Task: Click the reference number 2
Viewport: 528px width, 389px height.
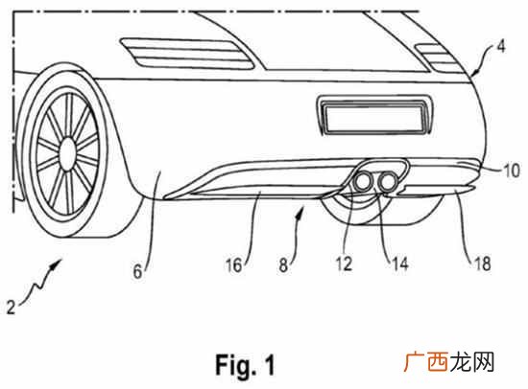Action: coord(12,307)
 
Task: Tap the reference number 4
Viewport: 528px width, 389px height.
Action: coord(501,46)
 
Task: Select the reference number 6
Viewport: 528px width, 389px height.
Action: coord(137,271)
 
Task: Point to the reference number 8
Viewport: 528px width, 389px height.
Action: coord(283,265)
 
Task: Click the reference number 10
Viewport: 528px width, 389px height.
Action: coord(512,171)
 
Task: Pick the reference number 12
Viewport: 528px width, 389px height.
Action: coord(344,263)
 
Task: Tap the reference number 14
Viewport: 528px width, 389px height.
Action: coord(400,263)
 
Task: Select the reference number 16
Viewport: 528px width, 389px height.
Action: coord(233,265)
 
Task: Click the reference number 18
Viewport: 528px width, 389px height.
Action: coord(483,263)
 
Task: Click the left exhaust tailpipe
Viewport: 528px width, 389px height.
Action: coord(362,182)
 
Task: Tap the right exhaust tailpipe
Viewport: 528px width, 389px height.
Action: coord(387,182)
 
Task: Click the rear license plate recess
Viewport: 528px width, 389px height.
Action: coord(373,115)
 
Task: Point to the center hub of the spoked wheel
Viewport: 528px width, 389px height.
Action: coord(68,152)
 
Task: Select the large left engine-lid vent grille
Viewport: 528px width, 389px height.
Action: coord(187,54)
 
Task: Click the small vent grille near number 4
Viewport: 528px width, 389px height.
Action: coord(439,57)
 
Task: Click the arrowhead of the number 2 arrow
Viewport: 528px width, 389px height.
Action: coord(57,263)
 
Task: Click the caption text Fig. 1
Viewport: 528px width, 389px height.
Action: coord(245,364)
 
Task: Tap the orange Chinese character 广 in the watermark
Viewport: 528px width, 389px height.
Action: coord(415,362)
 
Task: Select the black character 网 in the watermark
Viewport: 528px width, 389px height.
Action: coord(483,362)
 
